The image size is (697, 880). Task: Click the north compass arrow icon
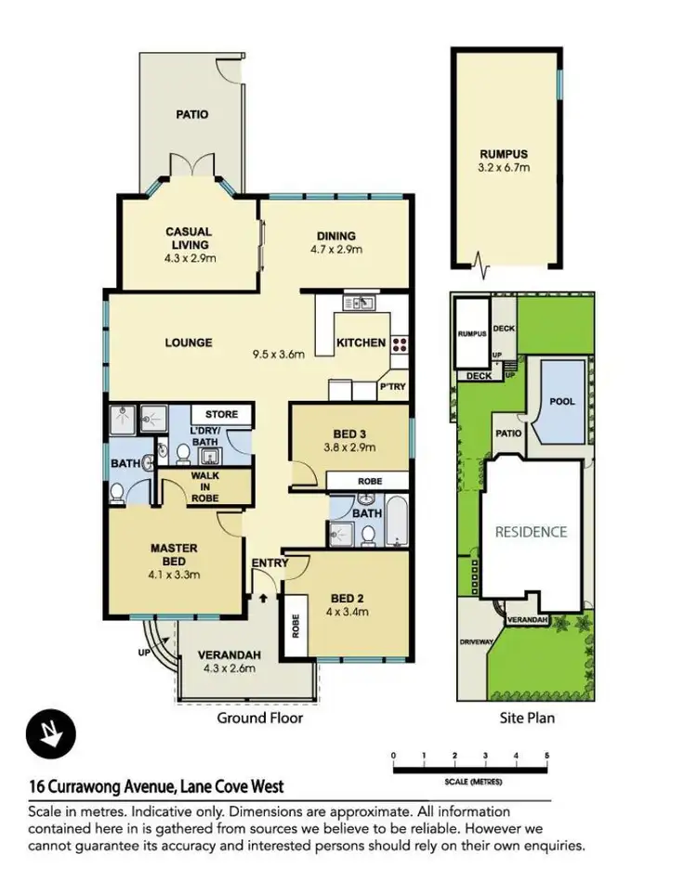[45, 732]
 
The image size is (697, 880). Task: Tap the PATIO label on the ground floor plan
[192, 115]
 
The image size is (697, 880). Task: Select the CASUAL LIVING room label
[189, 238]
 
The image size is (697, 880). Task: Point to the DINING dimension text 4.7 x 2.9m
[335, 250]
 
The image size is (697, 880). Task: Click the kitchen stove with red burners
[399, 343]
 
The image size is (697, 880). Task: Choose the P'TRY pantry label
[392, 386]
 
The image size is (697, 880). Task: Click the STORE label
[221, 414]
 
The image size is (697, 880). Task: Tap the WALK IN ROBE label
[204, 487]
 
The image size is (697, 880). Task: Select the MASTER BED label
[174, 554]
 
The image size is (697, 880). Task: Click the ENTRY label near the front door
[270, 563]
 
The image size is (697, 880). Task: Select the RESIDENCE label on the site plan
[531, 532]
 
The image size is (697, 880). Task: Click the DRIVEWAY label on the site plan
[478, 641]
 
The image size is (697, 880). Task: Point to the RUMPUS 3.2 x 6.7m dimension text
[504, 169]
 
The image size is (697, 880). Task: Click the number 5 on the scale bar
[547, 754]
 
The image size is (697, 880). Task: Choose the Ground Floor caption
[259, 718]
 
